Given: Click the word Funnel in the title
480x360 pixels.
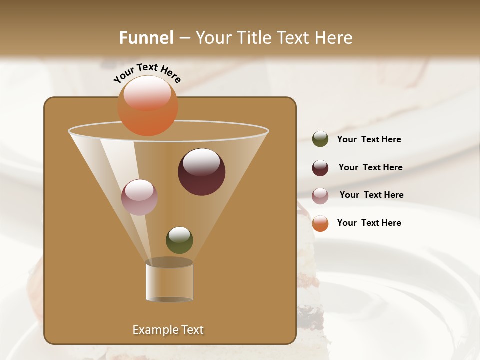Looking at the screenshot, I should [x=146, y=38].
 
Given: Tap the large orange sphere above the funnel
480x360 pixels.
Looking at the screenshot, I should [x=147, y=105].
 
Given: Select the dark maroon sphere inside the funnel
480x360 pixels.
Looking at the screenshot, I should [x=201, y=172].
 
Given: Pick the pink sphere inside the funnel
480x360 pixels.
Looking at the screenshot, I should [x=139, y=197].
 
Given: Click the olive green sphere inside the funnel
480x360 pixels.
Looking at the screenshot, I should [x=179, y=240].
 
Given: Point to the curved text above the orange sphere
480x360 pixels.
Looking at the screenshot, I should [x=147, y=72].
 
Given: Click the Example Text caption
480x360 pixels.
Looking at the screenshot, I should [x=168, y=330].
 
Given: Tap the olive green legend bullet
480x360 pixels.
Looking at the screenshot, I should [x=320, y=139].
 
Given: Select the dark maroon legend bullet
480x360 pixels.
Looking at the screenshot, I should [x=320, y=168].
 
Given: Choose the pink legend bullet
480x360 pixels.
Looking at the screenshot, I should [x=320, y=196].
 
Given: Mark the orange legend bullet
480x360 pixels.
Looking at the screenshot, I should [x=320, y=223].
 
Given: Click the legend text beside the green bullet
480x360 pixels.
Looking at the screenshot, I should [x=369, y=139].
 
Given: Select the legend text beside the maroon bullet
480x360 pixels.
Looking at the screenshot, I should [x=370, y=167].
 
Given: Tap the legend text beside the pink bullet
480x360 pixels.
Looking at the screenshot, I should [x=371, y=195].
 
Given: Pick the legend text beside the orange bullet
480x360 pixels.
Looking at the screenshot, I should [x=369, y=223].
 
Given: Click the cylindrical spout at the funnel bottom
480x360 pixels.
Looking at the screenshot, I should [x=169, y=282].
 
